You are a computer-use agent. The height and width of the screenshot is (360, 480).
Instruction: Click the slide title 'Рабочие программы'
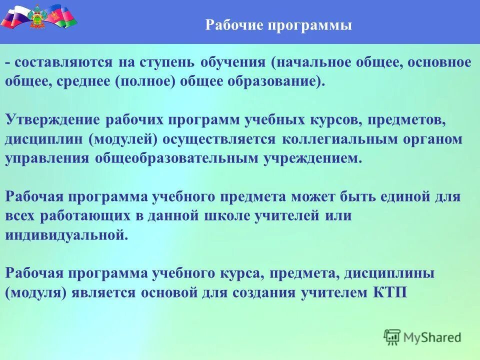click(278, 25)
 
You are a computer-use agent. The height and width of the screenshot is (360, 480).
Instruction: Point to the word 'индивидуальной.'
click(66, 235)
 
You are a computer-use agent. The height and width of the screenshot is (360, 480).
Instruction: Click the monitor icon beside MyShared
click(392, 337)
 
